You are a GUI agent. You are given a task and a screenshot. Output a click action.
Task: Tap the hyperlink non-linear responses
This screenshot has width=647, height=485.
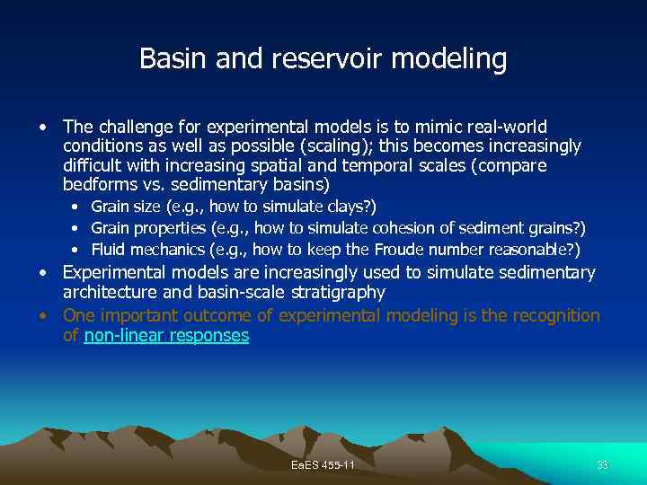coord(166,336)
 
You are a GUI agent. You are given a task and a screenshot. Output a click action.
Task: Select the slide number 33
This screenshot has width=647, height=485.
coord(602,465)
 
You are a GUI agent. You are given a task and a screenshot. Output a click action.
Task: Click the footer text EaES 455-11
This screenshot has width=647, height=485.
coord(323,465)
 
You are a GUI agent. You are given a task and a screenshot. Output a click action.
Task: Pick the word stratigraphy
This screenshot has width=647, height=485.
coord(333,293)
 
